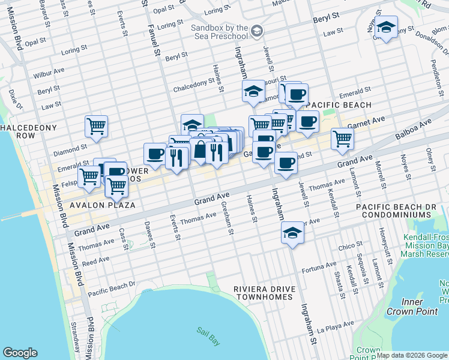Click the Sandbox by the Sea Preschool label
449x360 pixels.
(x=220, y=33)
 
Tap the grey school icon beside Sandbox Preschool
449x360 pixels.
(x=257, y=31)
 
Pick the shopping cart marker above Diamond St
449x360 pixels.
(x=96, y=127)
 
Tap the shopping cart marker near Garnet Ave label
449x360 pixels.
(x=342, y=139)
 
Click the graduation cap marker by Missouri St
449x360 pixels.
(x=253, y=92)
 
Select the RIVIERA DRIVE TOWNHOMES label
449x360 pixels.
(x=265, y=293)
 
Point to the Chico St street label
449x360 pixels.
(x=347, y=246)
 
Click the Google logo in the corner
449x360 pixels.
(x=20, y=352)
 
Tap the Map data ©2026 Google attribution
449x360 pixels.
(x=412, y=355)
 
